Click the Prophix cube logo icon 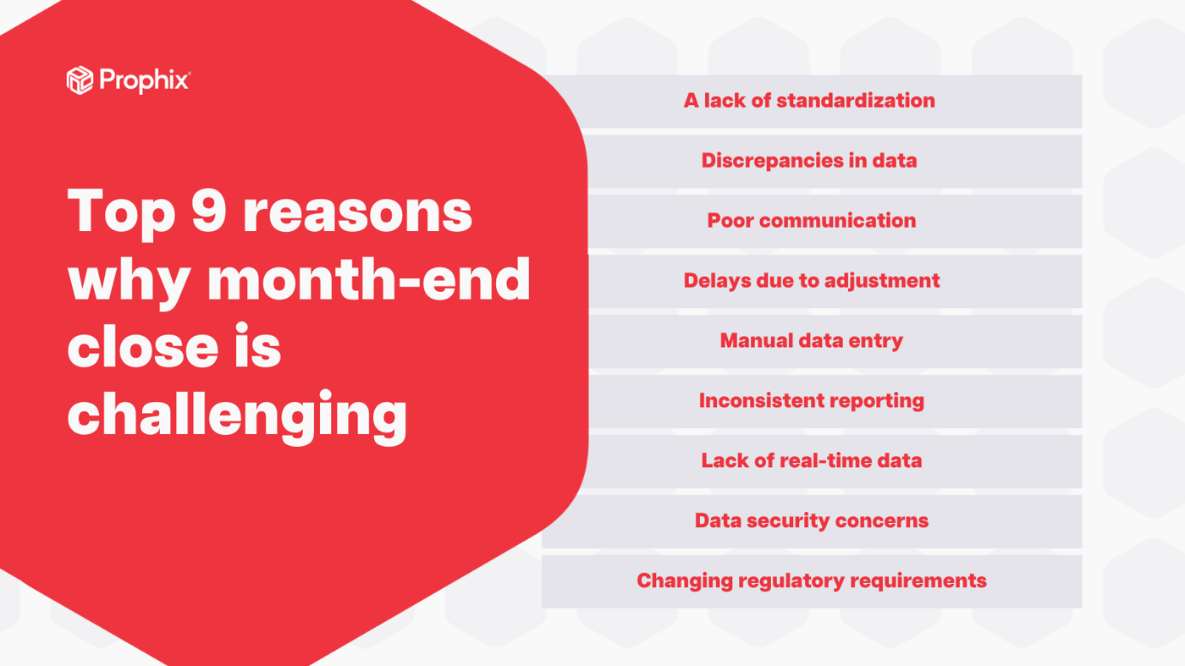point(80,80)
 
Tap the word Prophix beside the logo point(144,80)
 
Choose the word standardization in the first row point(855,101)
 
